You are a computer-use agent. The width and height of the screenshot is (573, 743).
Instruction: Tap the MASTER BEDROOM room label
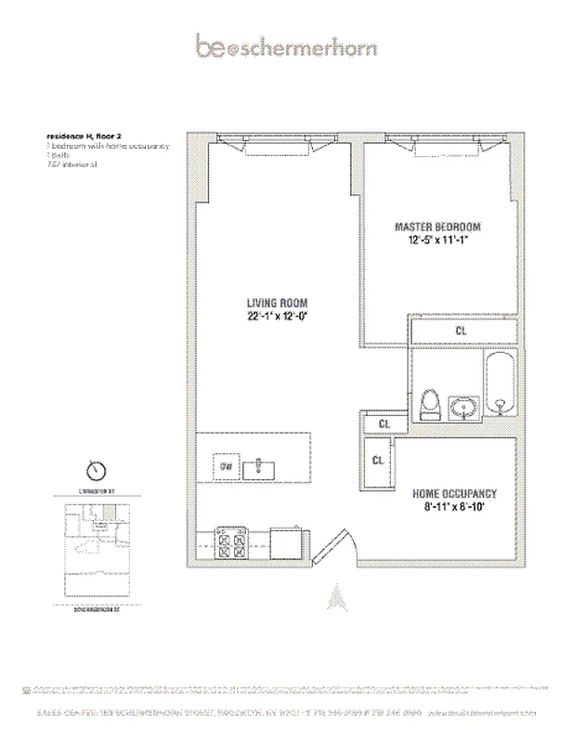click(x=438, y=227)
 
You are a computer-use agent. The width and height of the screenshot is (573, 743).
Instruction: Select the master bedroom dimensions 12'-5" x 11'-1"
click(x=438, y=241)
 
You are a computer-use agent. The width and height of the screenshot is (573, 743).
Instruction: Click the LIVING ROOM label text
click(x=277, y=303)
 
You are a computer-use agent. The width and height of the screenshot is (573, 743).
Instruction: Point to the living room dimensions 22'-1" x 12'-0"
click(x=277, y=317)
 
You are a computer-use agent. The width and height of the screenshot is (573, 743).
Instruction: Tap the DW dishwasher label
click(x=226, y=466)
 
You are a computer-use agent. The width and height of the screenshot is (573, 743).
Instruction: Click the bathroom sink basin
click(x=462, y=406)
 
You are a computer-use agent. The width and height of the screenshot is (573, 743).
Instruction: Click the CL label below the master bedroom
click(x=462, y=330)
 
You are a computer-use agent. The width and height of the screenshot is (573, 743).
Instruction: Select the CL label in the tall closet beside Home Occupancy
click(x=378, y=461)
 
